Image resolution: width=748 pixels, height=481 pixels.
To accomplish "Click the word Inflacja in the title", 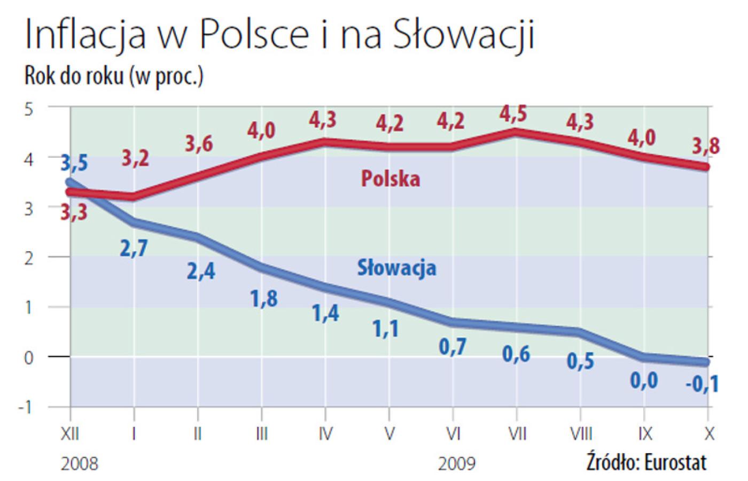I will pos(85,36).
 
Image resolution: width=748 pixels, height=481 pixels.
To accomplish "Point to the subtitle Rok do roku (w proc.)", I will pos(114,76).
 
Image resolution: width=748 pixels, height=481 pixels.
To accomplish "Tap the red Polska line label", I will pos(391,179).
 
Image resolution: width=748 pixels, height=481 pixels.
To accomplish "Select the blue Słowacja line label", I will pos(396,267).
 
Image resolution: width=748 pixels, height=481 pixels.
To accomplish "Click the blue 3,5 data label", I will pos(73,162).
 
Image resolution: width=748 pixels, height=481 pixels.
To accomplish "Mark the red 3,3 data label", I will pos(73,213).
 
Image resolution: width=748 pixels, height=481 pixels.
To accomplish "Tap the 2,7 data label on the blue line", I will pos(134,249).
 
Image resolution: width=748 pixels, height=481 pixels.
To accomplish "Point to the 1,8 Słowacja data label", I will pos(264,298).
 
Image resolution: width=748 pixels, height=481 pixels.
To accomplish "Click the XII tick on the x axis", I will pos(71,434).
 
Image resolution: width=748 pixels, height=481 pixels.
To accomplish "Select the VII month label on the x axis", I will pos(516,434).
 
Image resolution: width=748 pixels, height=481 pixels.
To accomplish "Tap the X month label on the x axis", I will pos(708,434).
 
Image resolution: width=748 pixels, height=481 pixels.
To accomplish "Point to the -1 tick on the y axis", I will pos(26,408).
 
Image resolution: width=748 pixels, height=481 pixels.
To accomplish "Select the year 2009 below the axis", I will pos(457,463).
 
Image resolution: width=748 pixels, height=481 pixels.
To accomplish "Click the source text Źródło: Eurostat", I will pos(646,462).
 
